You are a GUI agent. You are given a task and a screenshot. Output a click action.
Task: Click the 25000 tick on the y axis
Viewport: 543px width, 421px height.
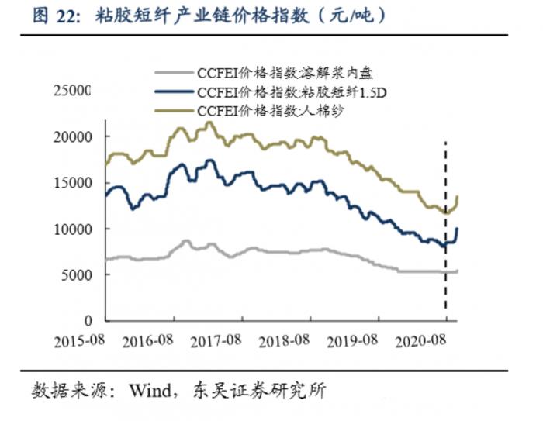click(x=72, y=91)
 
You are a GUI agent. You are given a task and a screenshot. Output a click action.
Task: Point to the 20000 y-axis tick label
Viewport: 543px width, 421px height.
click(x=72, y=137)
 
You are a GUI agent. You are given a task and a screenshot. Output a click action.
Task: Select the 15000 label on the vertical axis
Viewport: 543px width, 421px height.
click(x=72, y=183)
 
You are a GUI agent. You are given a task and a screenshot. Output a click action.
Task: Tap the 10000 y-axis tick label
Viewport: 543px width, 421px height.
click(x=72, y=229)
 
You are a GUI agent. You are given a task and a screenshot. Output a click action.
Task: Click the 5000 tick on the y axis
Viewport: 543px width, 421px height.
click(x=76, y=274)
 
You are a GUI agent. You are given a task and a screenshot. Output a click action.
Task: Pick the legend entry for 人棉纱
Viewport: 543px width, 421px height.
click(x=271, y=111)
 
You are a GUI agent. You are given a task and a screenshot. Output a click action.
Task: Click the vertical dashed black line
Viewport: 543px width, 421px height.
click(x=446, y=233)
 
